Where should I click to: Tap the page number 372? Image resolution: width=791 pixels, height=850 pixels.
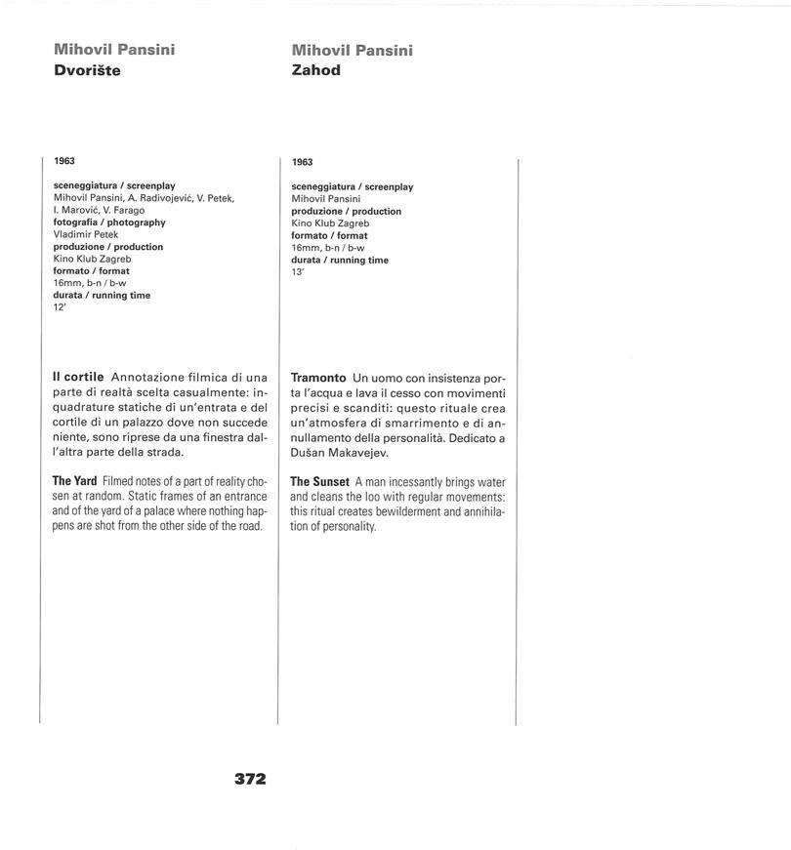click(x=250, y=779)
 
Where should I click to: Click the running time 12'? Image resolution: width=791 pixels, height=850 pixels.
click(x=60, y=306)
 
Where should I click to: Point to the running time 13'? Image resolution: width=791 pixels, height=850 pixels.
click(x=298, y=271)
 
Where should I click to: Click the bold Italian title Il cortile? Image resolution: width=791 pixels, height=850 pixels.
click(x=78, y=377)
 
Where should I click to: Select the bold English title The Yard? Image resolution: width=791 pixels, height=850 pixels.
click(x=75, y=481)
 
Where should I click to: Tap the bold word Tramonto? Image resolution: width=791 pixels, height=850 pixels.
click(x=318, y=378)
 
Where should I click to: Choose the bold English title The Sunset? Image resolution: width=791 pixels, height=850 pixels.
click(x=319, y=482)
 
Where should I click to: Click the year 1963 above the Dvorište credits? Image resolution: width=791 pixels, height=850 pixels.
click(x=64, y=161)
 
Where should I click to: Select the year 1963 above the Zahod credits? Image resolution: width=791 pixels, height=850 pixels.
click(x=303, y=162)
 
